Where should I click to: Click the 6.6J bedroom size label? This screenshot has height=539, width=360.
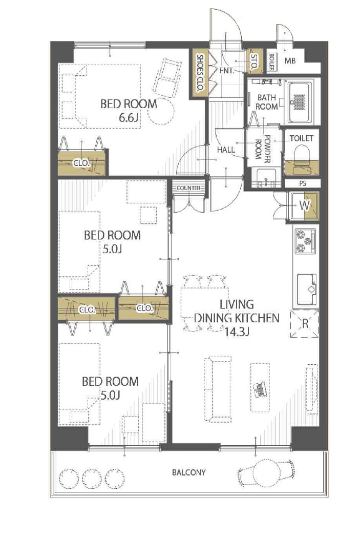[129, 118]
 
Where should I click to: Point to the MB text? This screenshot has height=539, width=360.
[290, 61]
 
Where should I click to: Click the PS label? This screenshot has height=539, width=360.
[303, 183]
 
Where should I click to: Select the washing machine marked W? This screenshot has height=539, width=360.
[304, 206]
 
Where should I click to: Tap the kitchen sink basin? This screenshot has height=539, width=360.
[306, 289]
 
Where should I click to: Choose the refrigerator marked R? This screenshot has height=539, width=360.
[305, 324]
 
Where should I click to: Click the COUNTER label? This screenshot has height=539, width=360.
[188, 188]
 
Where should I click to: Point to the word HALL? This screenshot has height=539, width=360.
[226, 150]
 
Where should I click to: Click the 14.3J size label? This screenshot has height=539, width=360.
[237, 332]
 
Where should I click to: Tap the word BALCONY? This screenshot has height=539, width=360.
[188, 472]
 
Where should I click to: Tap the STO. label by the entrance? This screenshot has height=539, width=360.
[254, 63]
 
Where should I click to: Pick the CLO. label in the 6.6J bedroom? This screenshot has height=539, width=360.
[81, 163]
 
